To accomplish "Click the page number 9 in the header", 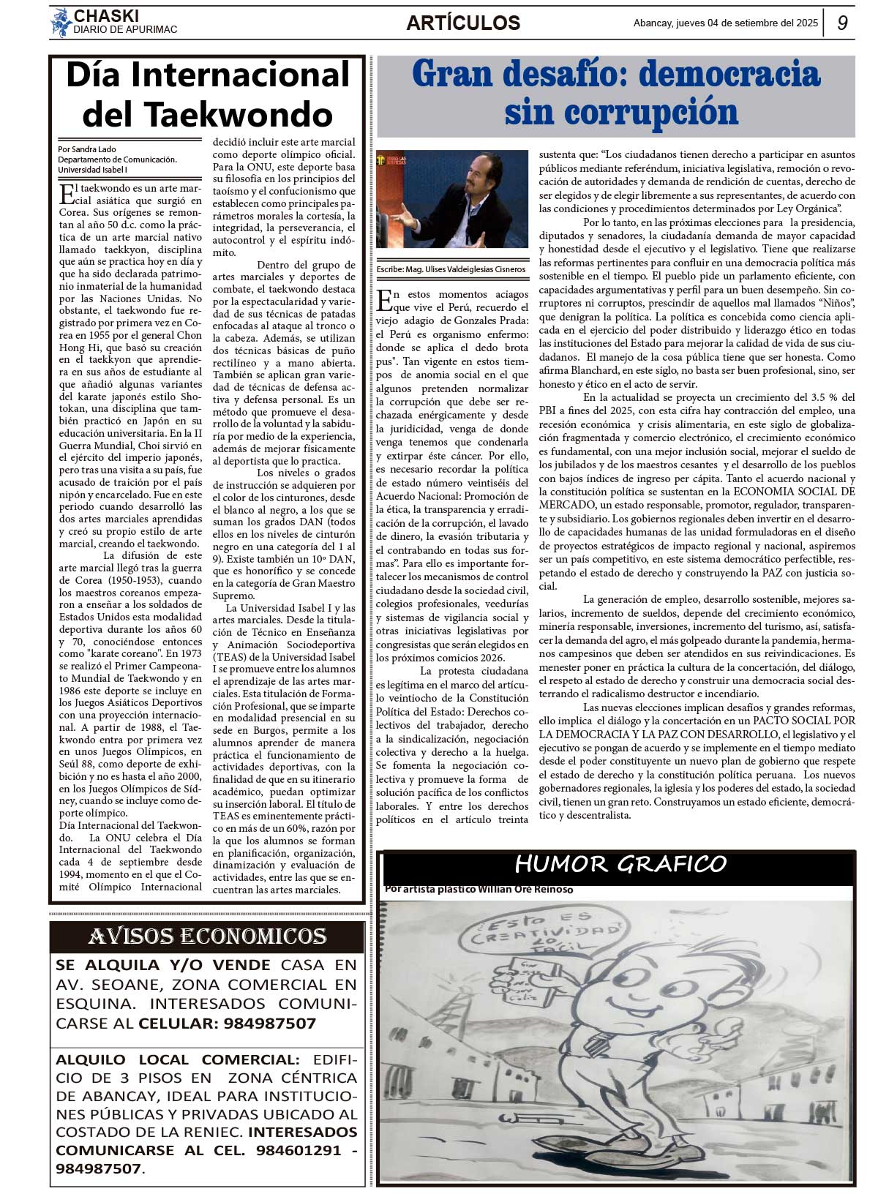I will (843, 23).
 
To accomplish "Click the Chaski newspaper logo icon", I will (60, 23).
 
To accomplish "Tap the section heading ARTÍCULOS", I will (463, 23).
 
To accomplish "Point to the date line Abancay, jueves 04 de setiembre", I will (725, 23).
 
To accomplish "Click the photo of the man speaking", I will (452, 199).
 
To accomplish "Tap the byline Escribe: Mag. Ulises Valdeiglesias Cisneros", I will (451, 269).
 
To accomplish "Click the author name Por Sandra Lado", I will (87, 149).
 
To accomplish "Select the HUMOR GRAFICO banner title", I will (620, 864).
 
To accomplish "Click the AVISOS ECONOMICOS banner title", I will (207, 936).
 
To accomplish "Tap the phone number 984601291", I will (299, 1149).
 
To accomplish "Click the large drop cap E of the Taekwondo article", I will (66, 195).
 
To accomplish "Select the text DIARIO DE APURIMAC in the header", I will (125, 30).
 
